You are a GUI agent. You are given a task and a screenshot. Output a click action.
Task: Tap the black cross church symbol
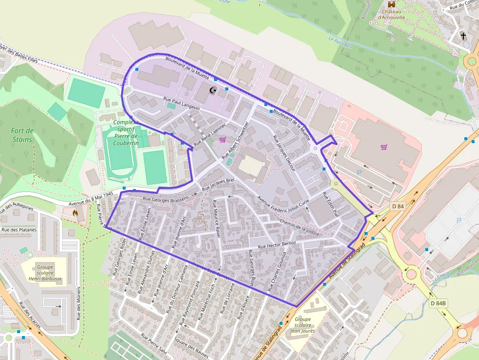pos(463,36)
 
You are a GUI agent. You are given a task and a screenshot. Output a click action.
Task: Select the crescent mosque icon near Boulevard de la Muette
pos(213,90)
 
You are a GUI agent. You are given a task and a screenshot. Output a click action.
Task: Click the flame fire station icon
pos(75,213)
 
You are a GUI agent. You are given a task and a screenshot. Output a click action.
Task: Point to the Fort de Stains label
pos(22,135)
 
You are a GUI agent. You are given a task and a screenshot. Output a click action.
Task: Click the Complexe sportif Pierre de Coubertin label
pos(125,132)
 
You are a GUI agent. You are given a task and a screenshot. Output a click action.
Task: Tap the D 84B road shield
pos(438,303)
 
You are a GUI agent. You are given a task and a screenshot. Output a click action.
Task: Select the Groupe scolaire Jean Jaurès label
pos(303,325)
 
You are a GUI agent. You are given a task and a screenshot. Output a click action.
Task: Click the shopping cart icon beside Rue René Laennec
pos(223,140)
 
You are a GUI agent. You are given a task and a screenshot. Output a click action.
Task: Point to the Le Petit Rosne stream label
pos(340,40)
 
